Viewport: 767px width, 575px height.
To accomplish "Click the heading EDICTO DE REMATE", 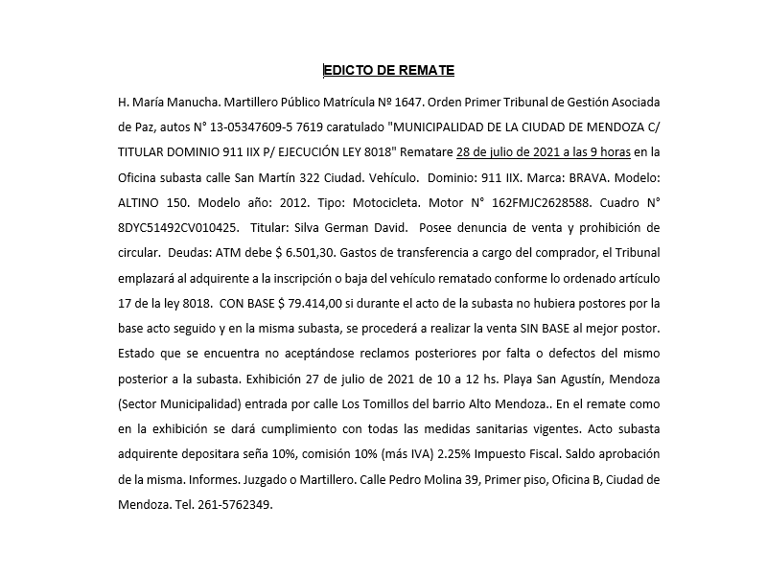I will (x=388, y=70).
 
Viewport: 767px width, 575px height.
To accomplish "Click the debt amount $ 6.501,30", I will (x=305, y=254).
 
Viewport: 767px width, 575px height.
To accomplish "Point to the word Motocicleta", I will (x=403, y=203).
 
